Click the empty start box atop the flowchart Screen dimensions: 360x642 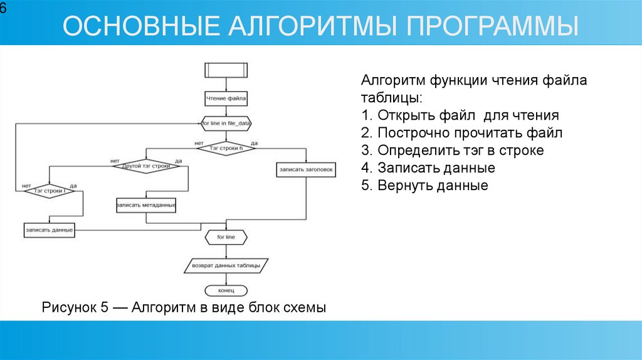click(x=226, y=70)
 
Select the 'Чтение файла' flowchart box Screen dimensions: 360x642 click(x=226, y=98)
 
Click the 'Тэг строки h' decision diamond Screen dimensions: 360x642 click(x=226, y=148)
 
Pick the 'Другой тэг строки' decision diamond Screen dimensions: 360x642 click(x=146, y=166)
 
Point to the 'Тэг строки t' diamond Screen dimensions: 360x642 click(x=50, y=191)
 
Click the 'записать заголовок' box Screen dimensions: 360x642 click(x=307, y=169)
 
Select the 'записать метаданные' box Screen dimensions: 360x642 click(x=146, y=205)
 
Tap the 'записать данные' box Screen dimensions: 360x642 click(x=50, y=230)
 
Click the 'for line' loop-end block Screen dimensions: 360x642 click(x=226, y=238)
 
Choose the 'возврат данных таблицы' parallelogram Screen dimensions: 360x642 click(x=226, y=265)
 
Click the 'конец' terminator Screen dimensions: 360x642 click(x=226, y=290)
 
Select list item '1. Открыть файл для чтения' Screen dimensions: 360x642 click(x=460, y=115)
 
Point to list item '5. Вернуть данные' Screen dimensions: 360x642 click(x=424, y=186)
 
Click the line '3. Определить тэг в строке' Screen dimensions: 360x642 click(x=452, y=151)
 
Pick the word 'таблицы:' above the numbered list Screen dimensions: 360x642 click(x=392, y=98)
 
